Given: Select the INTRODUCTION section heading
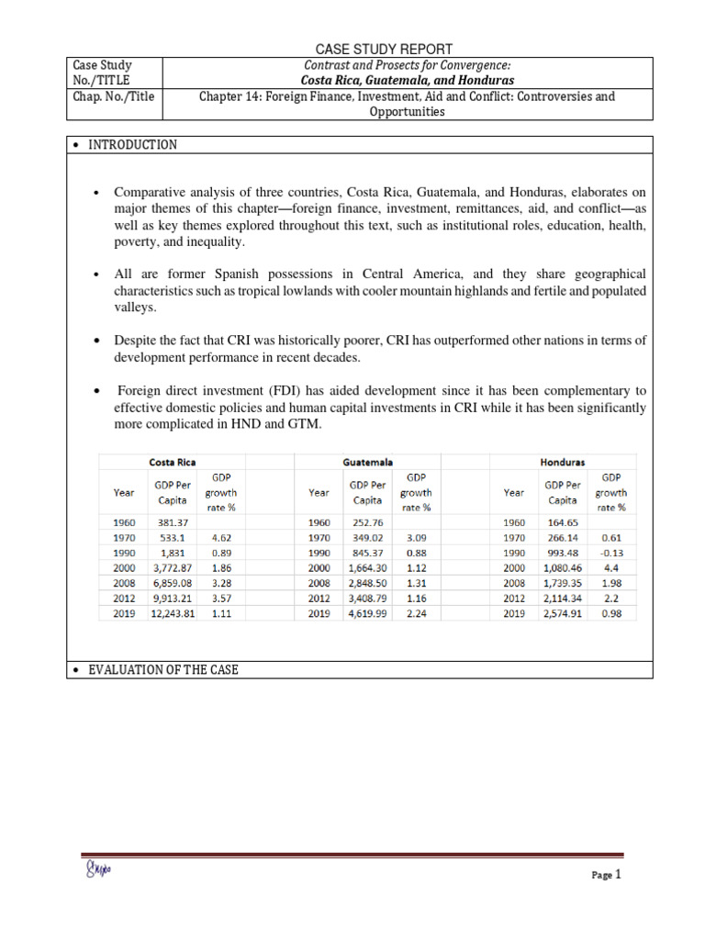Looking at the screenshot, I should point(132,145).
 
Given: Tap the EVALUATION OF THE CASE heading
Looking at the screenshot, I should point(162,670).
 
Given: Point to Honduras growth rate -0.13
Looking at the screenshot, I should point(610,554).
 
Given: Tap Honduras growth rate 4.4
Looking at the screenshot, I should point(610,568).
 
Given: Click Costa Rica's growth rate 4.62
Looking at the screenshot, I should point(220,538).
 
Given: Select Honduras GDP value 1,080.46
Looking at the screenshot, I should point(562,568).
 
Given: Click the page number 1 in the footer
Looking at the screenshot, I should point(619,875).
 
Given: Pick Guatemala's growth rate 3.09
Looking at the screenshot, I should point(416,538).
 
